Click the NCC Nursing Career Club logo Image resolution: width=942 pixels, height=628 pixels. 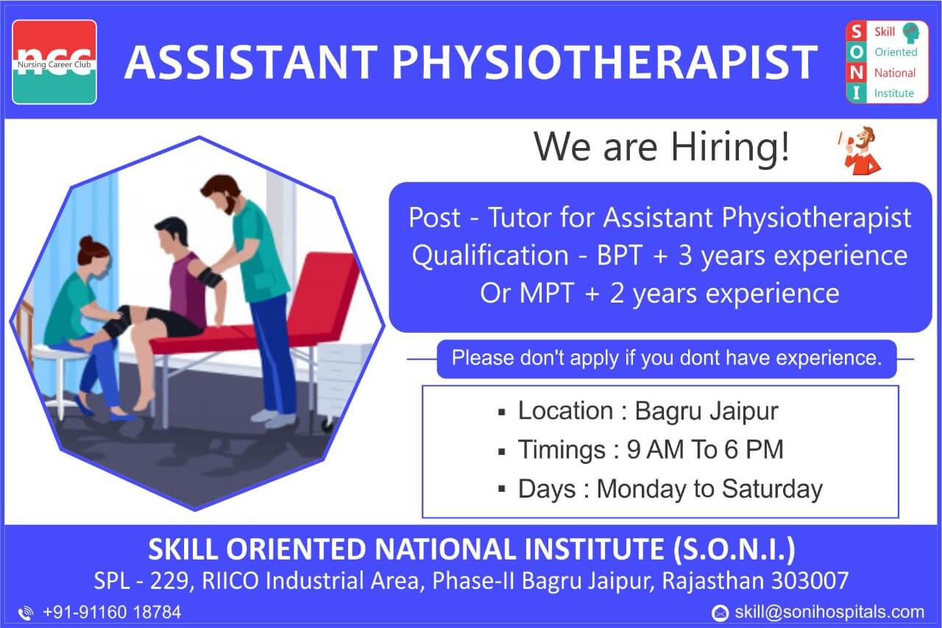pos(54,63)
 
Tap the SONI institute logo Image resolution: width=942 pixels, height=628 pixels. pos(887,62)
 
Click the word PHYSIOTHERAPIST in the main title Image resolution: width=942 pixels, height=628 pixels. pos(605,63)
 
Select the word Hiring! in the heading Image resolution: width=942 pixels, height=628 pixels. pos(731,148)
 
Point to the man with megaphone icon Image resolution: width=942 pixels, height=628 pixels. pos(859,150)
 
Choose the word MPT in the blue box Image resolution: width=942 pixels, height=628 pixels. pos(547,293)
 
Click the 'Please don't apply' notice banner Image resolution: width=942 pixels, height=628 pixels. pos(667,359)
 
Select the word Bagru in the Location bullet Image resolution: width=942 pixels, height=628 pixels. pos(667,412)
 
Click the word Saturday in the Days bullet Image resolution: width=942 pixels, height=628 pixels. pos(772,489)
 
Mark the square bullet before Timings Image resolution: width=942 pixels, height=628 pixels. pos(501,452)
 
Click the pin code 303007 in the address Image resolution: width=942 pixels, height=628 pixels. pos(810,581)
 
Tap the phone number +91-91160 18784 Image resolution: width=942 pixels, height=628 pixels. pos(112,612)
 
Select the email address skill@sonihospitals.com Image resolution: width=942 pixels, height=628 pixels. pos(829,612)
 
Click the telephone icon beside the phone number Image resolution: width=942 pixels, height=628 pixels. pos(26,613)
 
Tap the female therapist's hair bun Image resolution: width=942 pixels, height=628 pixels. pos(87,243)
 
